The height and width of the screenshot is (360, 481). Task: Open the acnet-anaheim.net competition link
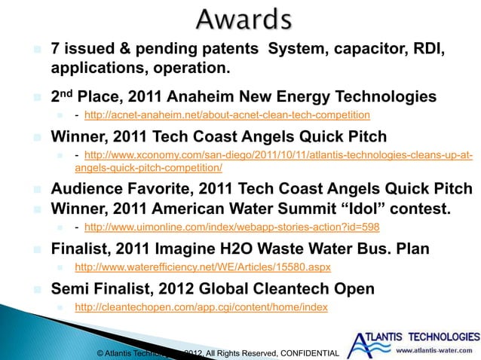[227, 115]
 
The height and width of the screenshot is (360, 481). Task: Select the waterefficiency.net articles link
[202, 267]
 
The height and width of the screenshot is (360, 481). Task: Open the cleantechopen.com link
[201, 307]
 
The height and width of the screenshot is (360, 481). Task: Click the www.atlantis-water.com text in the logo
[435, 350]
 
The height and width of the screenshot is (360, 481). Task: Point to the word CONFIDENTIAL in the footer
[311, 352]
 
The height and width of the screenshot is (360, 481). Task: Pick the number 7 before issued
[55, 50]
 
